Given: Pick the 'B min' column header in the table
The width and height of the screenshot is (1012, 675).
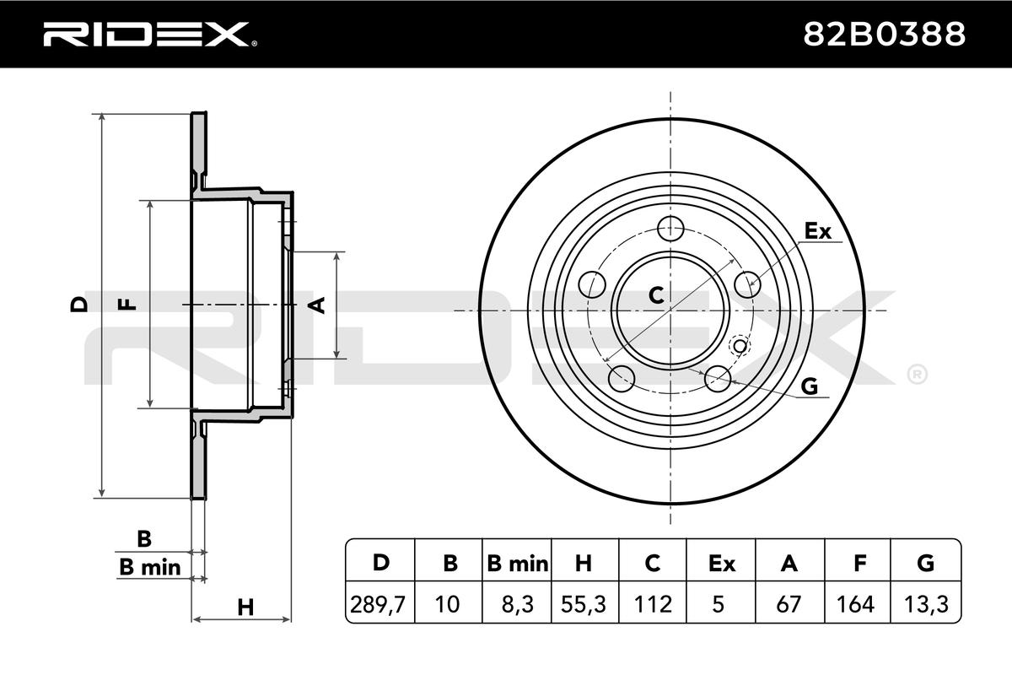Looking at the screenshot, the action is click(517, 564).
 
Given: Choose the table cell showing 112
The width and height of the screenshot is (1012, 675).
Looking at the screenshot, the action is click(653, 604).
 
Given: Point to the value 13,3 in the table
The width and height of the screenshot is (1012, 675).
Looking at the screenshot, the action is click(925, 604).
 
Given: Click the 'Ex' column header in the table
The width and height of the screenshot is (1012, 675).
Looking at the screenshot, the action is click(721, 564).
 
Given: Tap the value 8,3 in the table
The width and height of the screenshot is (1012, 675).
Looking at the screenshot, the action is click(517, 604).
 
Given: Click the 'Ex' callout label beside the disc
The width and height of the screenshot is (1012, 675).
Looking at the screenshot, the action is click(817, 230).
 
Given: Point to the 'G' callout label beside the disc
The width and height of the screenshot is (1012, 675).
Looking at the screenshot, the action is click(809, 386).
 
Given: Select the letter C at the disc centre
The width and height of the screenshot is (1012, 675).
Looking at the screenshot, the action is click(655, 294).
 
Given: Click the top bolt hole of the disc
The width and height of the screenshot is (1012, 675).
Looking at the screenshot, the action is click(670, 228).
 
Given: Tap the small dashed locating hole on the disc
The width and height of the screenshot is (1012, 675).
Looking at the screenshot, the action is click(740, 345).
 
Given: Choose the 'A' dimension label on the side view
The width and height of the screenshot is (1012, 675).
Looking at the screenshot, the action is click(318, 305).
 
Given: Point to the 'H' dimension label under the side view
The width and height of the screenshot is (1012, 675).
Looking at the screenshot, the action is click(245, 606).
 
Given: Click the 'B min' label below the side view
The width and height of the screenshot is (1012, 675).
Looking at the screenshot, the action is click(149, 568).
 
